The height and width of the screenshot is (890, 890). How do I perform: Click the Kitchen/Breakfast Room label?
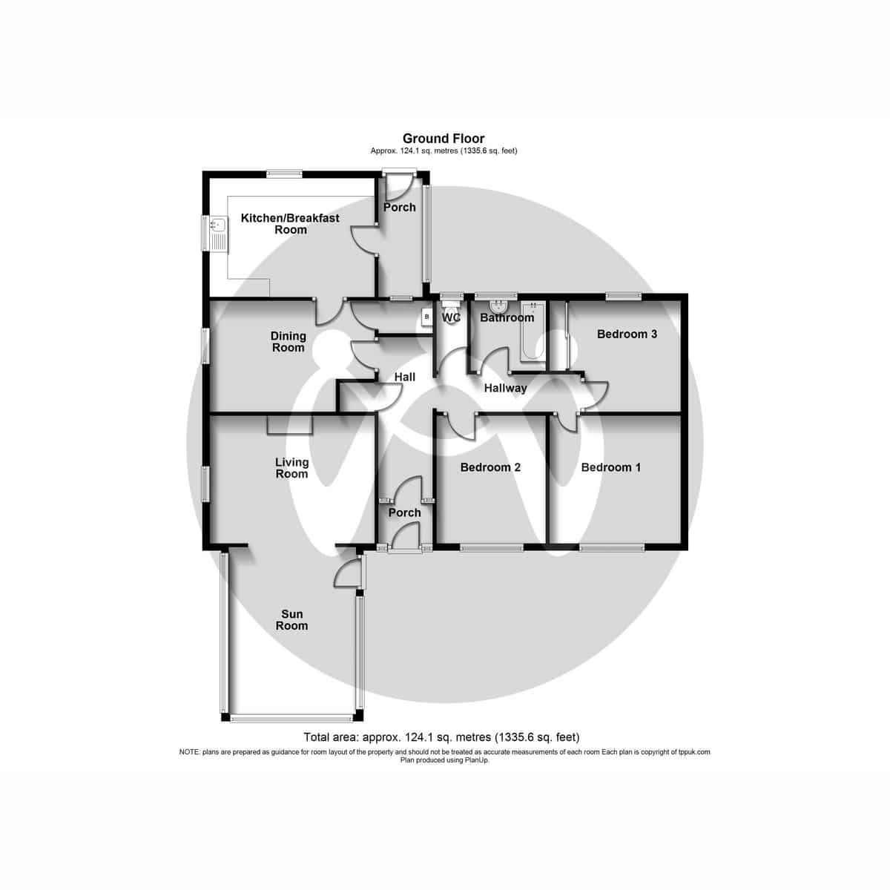(291, 224)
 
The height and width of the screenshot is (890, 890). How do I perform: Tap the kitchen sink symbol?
(219, 233)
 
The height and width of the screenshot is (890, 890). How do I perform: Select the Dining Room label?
(288, 342)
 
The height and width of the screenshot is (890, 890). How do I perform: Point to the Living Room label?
(291, 468)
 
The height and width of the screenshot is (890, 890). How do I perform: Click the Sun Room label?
(291, 620)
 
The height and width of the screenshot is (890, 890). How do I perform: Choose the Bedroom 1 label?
(610, 467)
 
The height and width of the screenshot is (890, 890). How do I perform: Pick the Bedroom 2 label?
(490, 467)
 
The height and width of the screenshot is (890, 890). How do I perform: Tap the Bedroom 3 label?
(627, 334)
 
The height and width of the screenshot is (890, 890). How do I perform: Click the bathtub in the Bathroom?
(533, 335)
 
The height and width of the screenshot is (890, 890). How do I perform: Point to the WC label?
(452, 318)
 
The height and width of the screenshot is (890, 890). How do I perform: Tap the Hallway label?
(505, 388)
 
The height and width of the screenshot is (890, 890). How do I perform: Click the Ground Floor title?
(444, 138)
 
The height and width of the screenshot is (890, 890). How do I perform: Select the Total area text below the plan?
(441, 737)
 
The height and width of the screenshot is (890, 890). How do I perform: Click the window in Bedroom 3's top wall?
(623, 295)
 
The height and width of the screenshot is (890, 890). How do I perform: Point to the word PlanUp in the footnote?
(476, 759)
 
